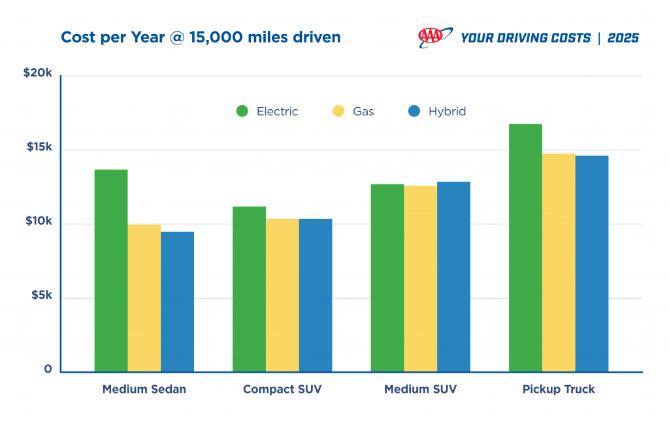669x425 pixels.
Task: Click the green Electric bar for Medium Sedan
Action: pos(111,271)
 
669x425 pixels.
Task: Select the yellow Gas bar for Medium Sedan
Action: pos(144,298)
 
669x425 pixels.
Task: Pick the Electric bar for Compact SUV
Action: pos(249,289)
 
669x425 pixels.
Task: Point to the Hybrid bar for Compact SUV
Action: pos(316,296)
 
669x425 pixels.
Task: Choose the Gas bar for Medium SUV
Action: pos(420,279)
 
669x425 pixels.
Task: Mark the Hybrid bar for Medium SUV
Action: pos(453,277)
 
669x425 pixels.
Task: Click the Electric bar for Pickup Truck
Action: pos(525,248)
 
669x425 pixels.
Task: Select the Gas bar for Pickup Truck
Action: pos(559,263)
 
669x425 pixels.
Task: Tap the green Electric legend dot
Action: pos(242,111)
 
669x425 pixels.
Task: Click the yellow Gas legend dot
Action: pos(338,111)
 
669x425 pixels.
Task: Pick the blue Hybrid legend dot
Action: pos(414,111)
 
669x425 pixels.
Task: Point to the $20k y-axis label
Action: pos(38,73)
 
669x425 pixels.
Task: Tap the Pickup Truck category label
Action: pos(559,389)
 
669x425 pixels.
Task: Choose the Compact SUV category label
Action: pos(282,389)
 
